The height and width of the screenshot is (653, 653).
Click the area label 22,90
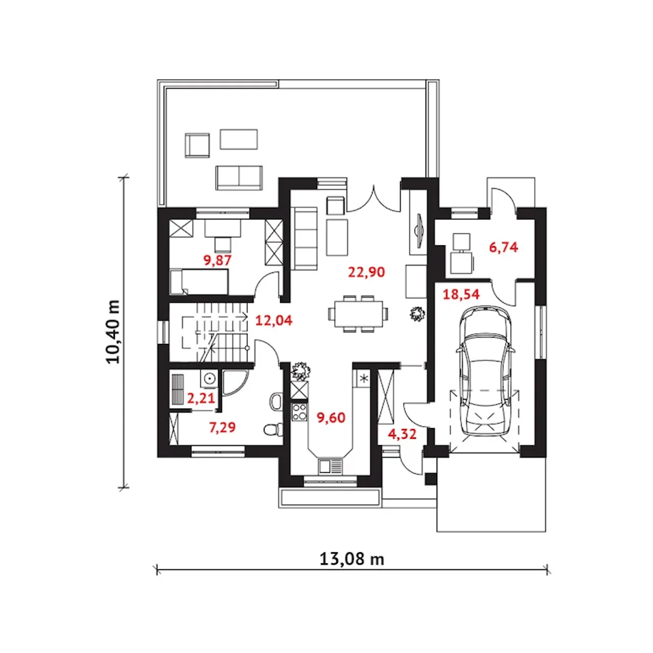[x=366, y=272]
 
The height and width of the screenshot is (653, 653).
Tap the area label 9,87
[x=217, y=260]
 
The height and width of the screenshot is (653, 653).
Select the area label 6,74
[x=503, y=247]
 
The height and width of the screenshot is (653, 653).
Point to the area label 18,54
[x=461, y=294]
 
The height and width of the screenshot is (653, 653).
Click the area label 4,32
[x=402, y=434]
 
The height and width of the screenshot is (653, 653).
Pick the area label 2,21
[x=201, y=398]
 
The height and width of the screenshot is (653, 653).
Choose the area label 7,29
[x=222, y=428]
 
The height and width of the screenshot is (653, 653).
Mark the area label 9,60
[x=331, y=418]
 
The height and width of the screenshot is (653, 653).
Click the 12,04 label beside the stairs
[x=273, y=320]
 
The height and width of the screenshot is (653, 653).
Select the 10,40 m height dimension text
[x=113, y=332]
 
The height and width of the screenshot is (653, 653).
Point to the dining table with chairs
[x=358, y=314]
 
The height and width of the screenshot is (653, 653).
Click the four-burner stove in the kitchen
[x=299, y=412]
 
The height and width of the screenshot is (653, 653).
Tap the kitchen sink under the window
[x=331, y=466]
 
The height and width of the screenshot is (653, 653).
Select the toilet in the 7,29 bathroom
[x=273, y=430]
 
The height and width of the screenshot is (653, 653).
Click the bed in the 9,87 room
[x=199, y=282]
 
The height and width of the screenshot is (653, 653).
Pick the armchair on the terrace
[x=197, y=145]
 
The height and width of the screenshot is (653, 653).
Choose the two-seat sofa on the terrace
[x=239, y=178]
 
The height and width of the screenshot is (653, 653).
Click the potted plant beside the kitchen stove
[x=300, y=371]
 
